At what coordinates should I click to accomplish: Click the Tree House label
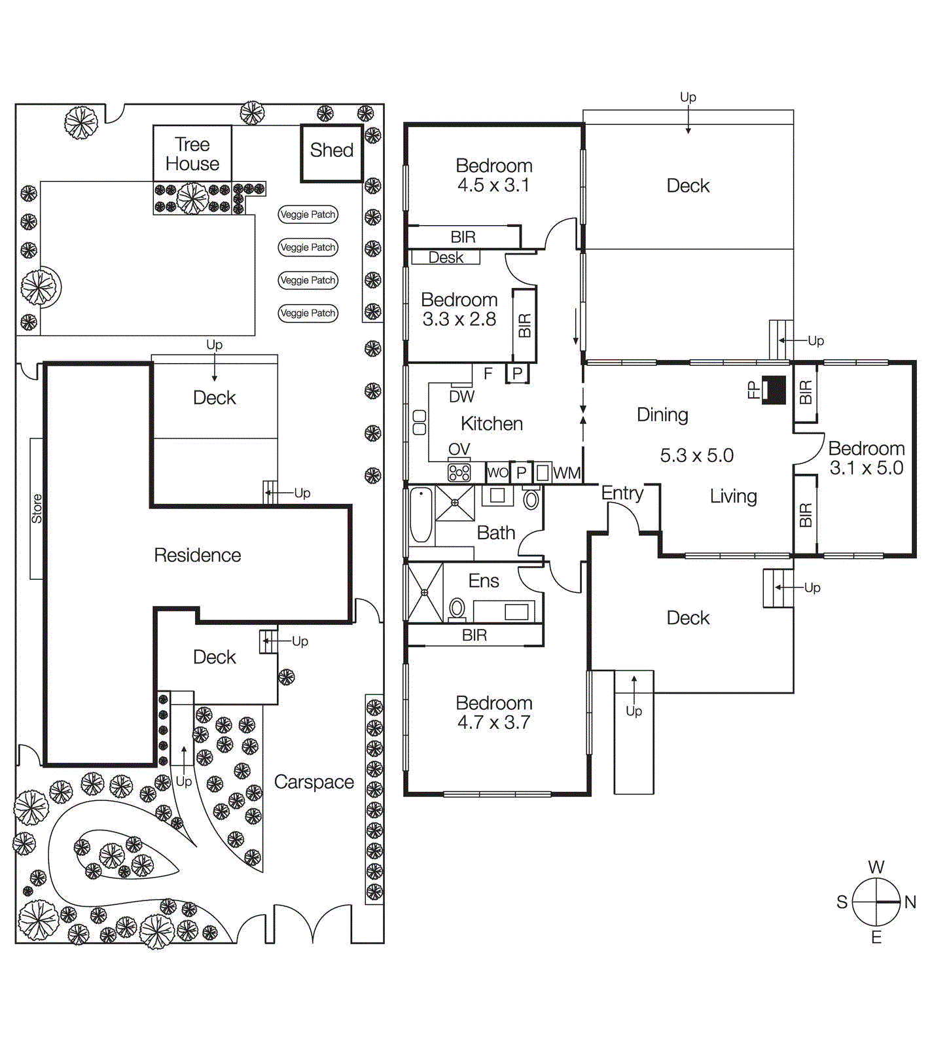click(x=192, y=154)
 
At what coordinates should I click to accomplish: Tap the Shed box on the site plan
click(x=331, y=151)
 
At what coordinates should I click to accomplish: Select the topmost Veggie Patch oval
click(x=308, y=215)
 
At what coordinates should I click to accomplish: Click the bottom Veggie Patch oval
click(x=308, y=313)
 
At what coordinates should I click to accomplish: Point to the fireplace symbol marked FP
click(x=776, y=390)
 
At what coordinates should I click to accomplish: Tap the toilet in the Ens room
click(x=457, y=609)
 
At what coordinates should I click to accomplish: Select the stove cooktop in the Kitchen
click(x=459, y=472)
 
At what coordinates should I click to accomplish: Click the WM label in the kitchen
click(x=566, y=473)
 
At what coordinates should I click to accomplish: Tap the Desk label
click(x=446, y=258)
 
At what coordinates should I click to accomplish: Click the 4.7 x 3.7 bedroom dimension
click(x=493, y=723)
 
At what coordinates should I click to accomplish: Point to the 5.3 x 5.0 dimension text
click(x=696, y=455)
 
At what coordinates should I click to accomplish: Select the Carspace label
click(x=313, y=782)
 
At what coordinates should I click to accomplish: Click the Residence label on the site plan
click(x=197, y=556)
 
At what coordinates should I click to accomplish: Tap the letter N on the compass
click(x=910, y=902)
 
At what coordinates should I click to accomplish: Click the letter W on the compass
click(x=876, y=868)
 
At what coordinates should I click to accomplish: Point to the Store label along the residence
click(x=37, y=508)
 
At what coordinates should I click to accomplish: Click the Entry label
click(x=622, y=493)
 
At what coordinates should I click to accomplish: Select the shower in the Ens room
click(x=424, y=593)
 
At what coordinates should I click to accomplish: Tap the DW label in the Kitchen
click(x=461, y=397)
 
